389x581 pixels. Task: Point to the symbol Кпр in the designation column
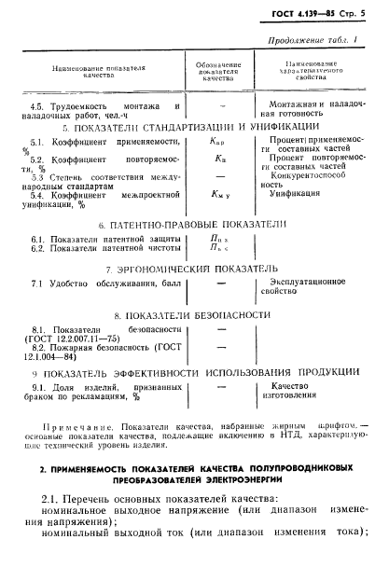(217, 140)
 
